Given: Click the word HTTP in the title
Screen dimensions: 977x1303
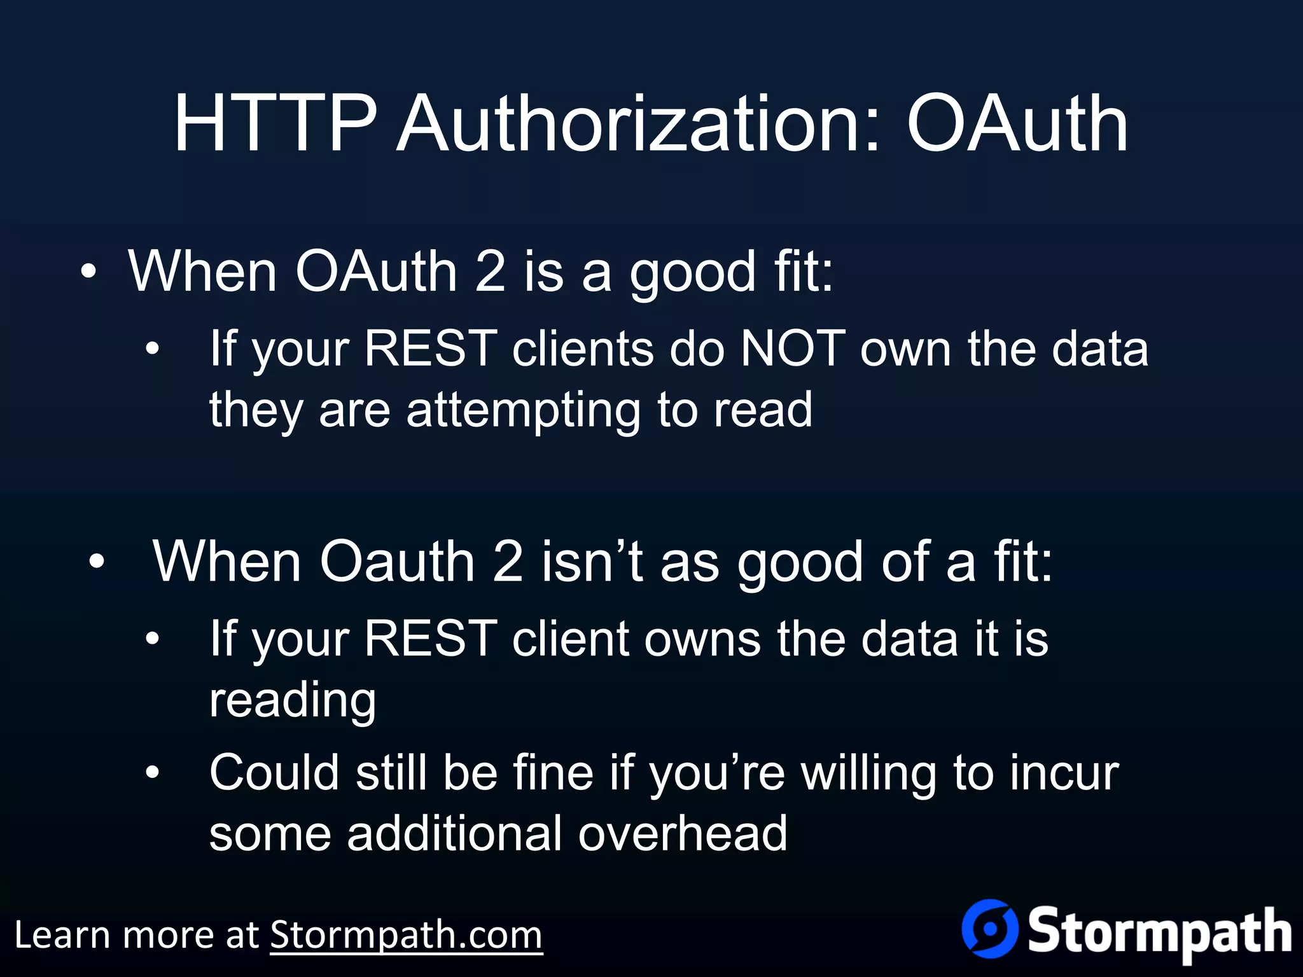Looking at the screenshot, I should click(x=275, y=124).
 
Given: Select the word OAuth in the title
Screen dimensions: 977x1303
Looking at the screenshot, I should click(x=1017, y=124).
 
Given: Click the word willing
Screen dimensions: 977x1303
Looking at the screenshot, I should click(x=868, y=773).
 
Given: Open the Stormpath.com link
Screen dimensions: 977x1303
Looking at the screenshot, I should click(x=406, y=935).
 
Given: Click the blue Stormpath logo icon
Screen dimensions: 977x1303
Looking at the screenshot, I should click(x=989, y=929).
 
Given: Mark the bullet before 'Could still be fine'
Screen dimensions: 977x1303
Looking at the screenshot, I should click(x=152, y=772).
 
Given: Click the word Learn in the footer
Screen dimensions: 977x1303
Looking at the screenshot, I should click(x=61, y=935).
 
